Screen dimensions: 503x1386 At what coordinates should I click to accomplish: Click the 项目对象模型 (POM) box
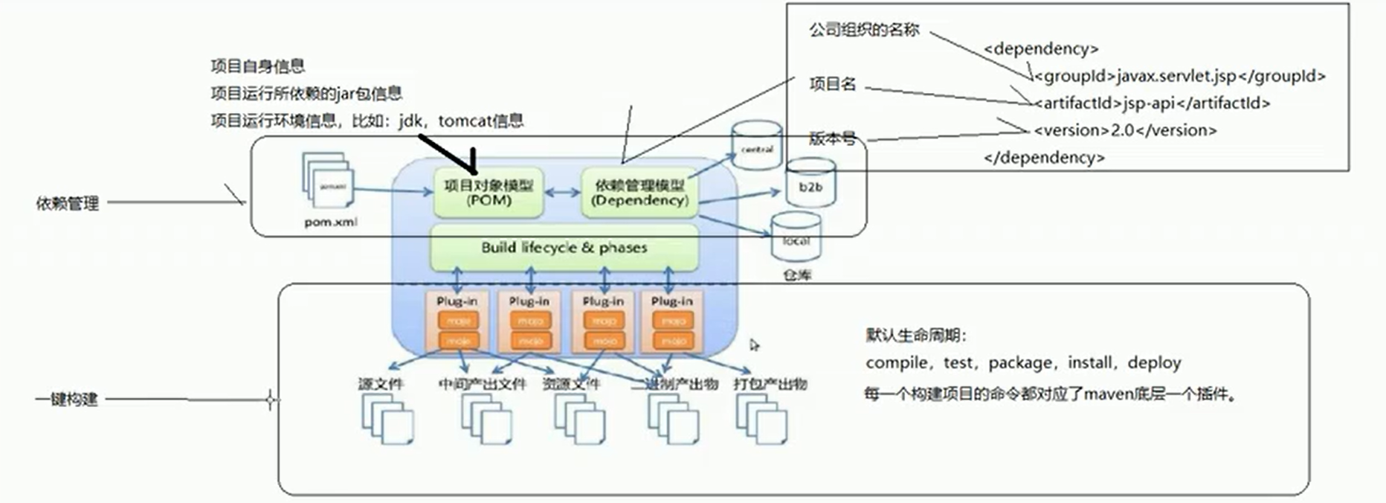point(488,193)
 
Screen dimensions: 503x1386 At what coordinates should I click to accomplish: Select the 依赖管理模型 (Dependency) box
point(639,193)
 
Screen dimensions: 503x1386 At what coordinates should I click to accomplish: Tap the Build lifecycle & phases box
point(564,248)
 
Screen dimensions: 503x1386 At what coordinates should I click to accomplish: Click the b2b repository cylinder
point(810,185)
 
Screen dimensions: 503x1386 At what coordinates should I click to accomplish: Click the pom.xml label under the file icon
point(330,222)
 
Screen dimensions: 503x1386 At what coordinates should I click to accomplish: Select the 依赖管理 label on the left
point(67,203)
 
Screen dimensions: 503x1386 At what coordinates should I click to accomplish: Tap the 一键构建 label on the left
point(66,400)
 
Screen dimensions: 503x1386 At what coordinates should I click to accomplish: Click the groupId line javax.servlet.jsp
point(1179,76)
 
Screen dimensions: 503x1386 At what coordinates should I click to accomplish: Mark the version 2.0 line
point(1124,130)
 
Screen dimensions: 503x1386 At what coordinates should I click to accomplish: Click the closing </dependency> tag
point(1044,158)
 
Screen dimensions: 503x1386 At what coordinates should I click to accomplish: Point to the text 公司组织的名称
point(864,30)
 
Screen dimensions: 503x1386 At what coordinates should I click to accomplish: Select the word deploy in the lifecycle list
point(1154,362)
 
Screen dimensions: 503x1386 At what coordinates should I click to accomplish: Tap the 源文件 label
point(381,384)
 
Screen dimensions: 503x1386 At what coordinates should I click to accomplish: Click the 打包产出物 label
point(770,384)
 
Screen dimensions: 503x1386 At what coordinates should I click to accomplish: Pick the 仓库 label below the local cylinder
point(796,275)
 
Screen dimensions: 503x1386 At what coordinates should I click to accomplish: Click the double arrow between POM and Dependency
point(562,193)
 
